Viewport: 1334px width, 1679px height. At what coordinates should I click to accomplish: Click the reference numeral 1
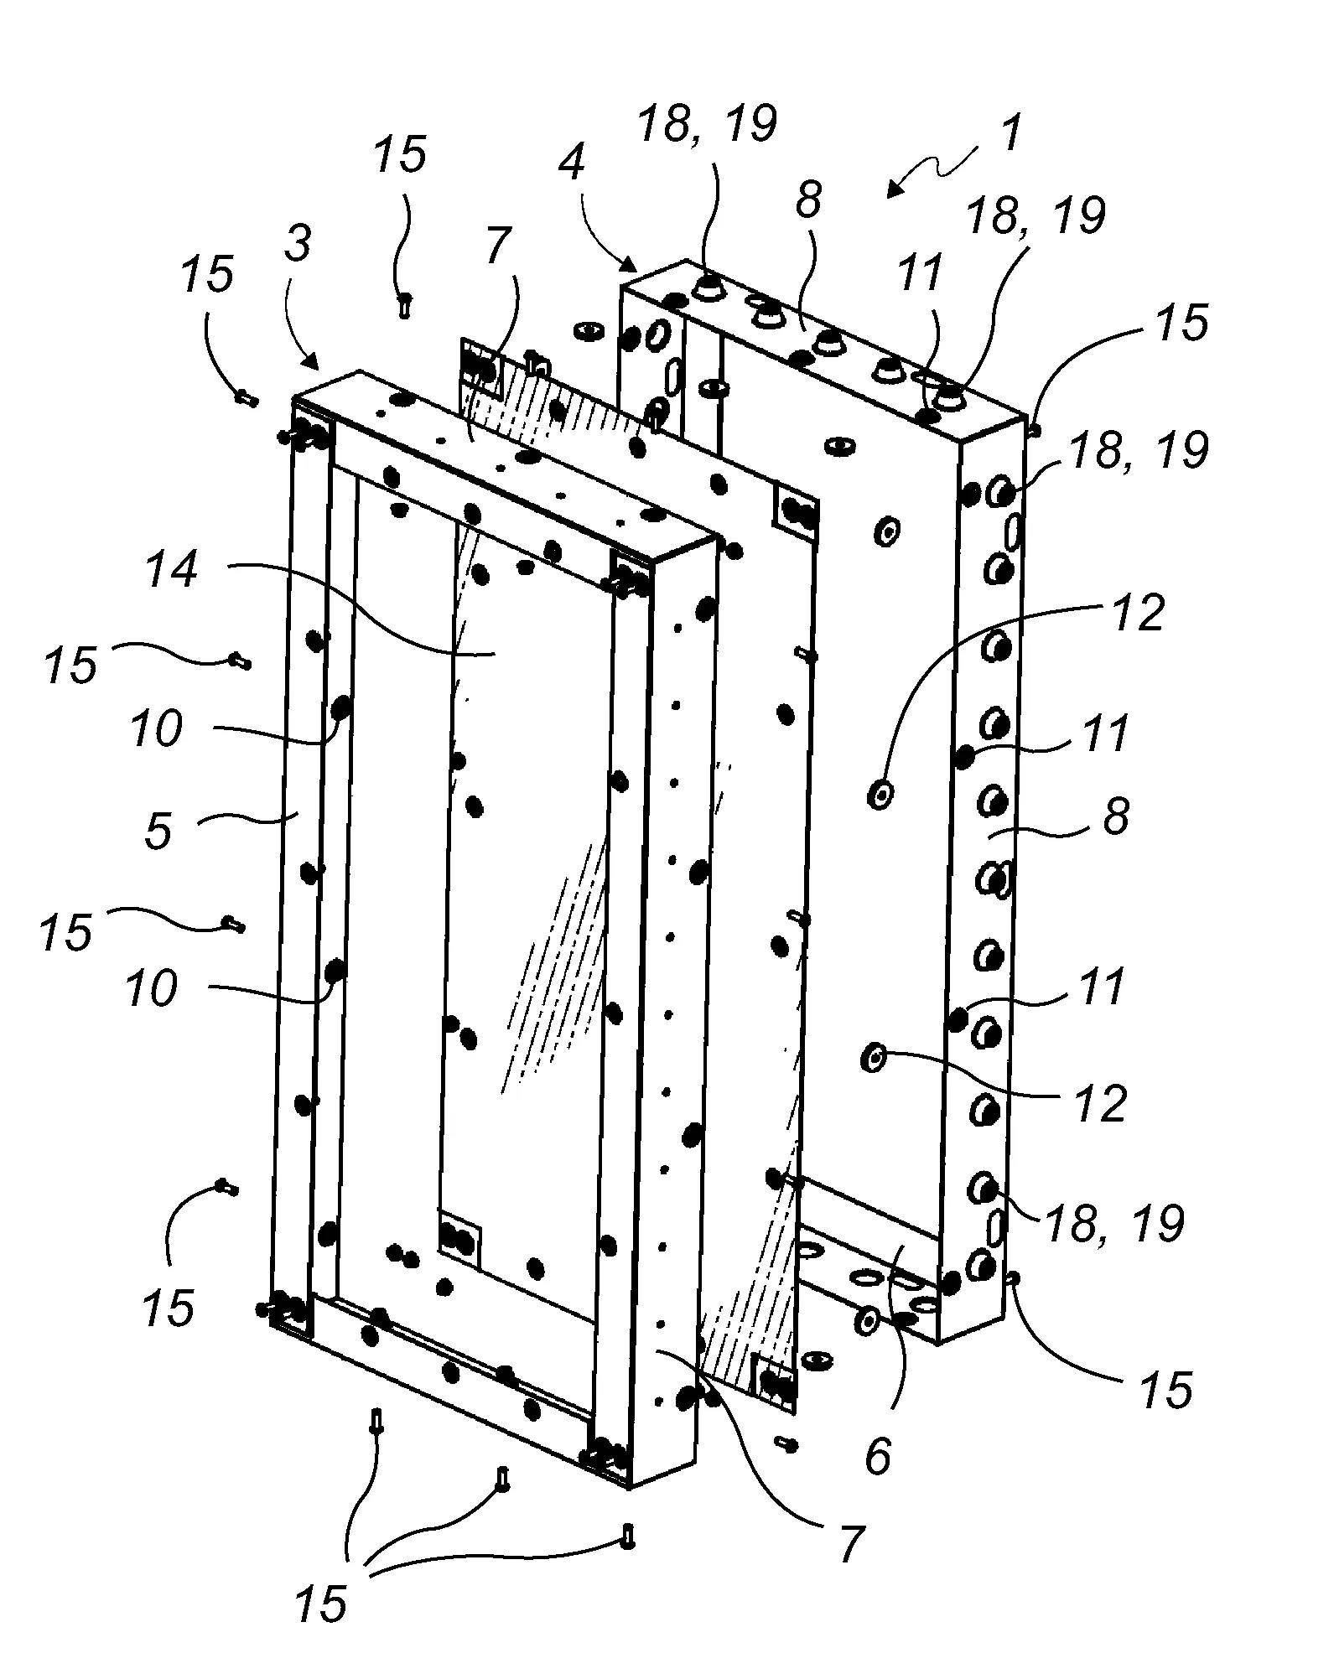(x=1012, y=133)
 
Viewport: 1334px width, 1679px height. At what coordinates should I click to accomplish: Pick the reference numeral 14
(x=172, y=571)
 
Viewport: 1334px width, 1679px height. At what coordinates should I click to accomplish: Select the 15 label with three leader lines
(x=321, y=1604)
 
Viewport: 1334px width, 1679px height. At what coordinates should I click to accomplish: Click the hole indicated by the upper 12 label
(x=880, y=792)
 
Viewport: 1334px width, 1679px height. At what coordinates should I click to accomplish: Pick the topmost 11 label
(x=920, y=273)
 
